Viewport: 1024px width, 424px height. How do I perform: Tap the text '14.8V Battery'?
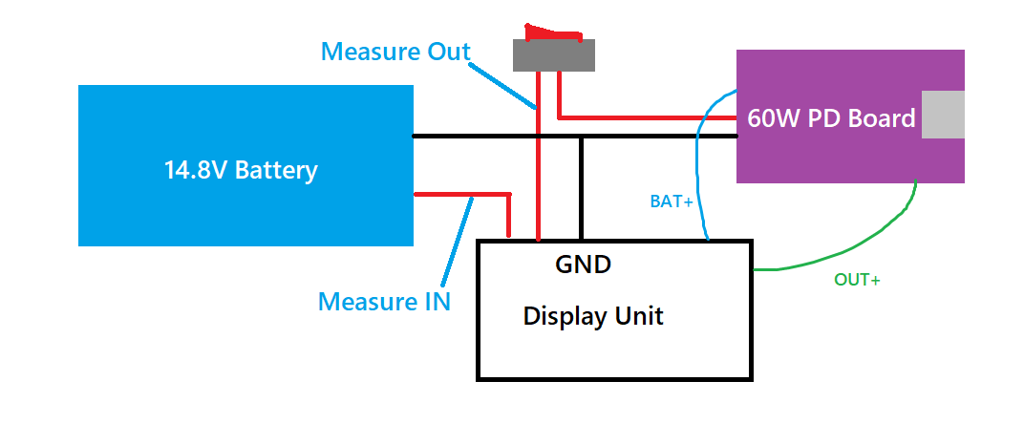coord(241,171)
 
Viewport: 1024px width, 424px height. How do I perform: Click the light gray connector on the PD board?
coord(943,116)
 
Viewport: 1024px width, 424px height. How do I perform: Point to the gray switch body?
coord(554,55)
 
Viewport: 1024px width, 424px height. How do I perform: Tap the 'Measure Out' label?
coord(395,51)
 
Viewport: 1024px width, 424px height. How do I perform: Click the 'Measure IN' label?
coord(384,302)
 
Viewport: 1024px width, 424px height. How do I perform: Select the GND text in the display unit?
coord(583,264)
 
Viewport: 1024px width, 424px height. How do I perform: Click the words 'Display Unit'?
coord(592,316)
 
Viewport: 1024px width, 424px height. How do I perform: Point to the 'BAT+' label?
coord(672,201)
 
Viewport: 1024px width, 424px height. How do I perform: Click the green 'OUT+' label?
coord(856,280)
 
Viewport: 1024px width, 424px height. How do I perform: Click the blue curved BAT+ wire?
coord(699,162)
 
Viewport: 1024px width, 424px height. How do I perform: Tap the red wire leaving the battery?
coord(459,194)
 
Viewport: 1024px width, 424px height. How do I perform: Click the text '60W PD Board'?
coord(831,119)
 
